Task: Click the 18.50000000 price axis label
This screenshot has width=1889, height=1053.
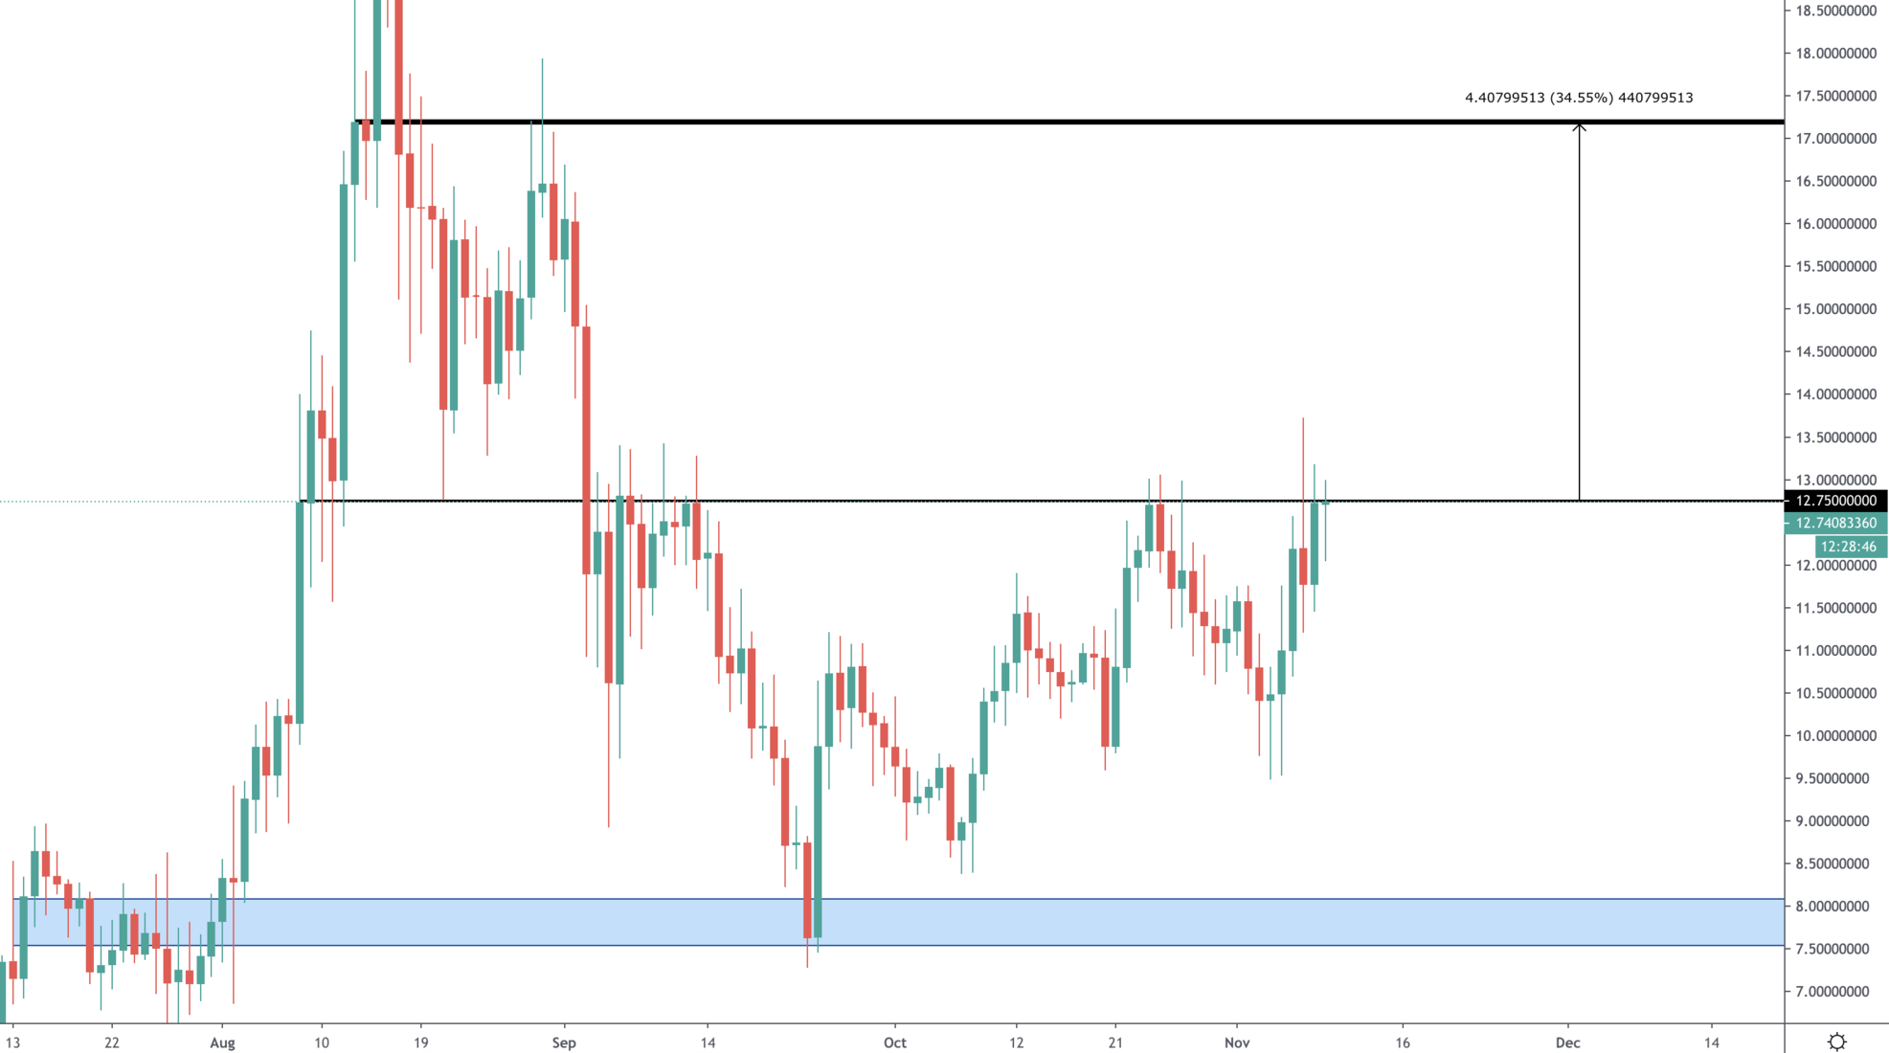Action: coord(1835,11)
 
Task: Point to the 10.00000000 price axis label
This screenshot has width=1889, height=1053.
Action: coord(1835,736)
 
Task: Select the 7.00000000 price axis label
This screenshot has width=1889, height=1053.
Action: coord(1835,992)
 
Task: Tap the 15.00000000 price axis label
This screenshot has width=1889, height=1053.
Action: coord(1835,309)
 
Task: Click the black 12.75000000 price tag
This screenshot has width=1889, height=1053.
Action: coord(1835,501)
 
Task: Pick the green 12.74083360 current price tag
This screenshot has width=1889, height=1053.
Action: coord(1835,523)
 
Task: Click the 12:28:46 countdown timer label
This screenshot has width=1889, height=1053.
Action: coord(1848,547)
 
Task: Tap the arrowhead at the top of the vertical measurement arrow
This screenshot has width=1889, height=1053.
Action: coord(1579,126)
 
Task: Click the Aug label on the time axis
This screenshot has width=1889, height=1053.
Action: coord(222,1042)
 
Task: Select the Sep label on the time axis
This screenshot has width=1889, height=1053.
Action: coord(564,1042)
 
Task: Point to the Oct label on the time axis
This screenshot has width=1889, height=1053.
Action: coord(894,1042)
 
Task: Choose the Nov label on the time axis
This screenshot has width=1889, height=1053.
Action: coord(1237,1042)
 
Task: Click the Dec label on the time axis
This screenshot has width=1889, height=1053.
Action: coord(1567,1042)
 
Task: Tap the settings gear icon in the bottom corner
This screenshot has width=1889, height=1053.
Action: coord(1836,1042)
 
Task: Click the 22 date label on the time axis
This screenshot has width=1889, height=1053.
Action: coord(112,1042)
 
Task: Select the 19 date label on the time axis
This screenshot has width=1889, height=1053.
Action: coord(420,1042)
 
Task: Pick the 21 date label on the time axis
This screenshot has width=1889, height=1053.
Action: coord(1115,1042)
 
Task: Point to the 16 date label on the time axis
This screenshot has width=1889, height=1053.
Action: coord(1403,1042)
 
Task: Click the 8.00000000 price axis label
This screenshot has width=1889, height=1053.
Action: coord(1835,907)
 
